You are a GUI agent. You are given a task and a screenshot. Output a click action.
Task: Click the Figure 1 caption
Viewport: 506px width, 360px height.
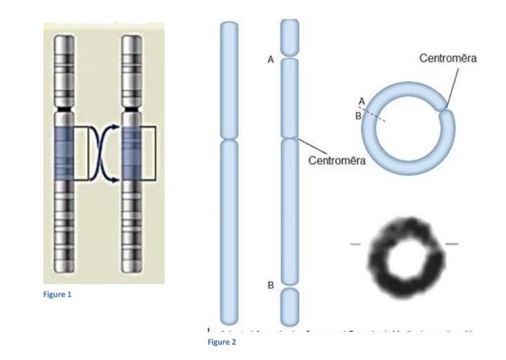click(x=58, y=295)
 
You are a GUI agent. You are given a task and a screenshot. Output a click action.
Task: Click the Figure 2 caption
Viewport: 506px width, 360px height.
click(x=222, y=342)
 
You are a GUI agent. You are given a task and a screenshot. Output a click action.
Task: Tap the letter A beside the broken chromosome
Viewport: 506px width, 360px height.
click(x=270, y=60)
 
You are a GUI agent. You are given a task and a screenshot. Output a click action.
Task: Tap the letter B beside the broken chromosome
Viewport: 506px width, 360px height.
click(x=270, y=285)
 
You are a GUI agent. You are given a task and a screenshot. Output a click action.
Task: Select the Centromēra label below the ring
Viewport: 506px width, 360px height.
click(x=337, y=160)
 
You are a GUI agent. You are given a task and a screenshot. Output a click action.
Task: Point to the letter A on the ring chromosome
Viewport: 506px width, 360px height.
click(x=361, y=101)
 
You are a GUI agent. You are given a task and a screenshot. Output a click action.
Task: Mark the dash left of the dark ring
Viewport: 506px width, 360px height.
click(x=356, y=244)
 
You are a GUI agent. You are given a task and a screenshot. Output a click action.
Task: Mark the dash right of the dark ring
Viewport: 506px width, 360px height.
click(x=452, y=244)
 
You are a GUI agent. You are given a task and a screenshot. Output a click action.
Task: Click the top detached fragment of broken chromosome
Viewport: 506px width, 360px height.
click(x=290, y=37)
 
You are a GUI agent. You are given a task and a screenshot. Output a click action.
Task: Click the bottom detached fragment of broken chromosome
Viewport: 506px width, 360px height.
click(x=290, y=306)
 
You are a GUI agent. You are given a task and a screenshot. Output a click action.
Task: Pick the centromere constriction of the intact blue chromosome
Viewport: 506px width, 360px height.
click(x=228, y=139)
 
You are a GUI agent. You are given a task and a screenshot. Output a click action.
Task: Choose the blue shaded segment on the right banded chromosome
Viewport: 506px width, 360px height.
click(x=132, y=150)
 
